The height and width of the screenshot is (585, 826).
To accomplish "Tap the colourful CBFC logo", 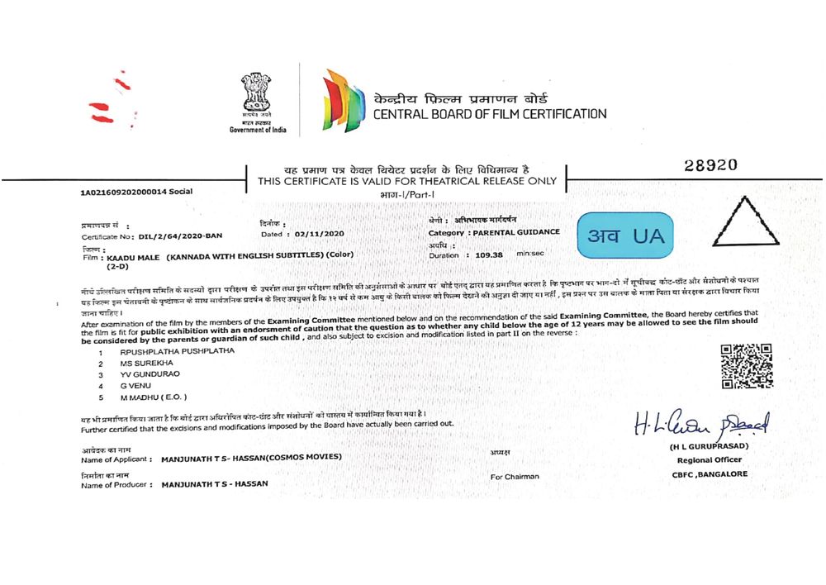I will (x=344, y=102).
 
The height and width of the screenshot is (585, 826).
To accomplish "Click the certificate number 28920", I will (x=710, y=165).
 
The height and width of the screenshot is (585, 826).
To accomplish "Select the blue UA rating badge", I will (x=625, y=235).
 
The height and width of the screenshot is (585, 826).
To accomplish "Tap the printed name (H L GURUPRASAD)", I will (x=710, y=447).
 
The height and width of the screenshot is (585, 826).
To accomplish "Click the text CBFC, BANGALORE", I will (x=710, y=474).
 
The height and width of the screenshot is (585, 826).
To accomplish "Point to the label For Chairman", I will (x=515, y=476).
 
